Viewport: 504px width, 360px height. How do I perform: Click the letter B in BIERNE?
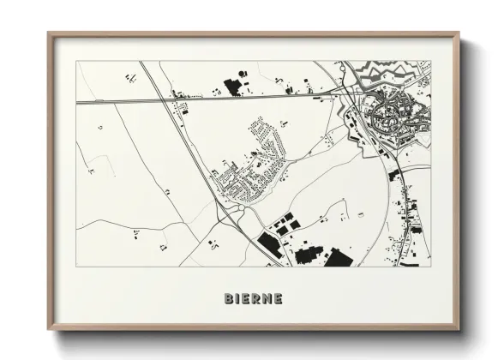[x=229, y=299]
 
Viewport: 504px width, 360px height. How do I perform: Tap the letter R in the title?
[x=255, y=299]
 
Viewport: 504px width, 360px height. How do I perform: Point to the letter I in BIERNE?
[x=237, y=299]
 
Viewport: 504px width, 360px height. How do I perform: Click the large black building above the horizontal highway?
[x=231, y=86]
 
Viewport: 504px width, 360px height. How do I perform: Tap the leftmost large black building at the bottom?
[x=268, y=246]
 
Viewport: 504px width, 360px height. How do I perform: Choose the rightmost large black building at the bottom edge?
[x=338, y=258]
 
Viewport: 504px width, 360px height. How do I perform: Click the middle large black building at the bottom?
[x=306, y=254]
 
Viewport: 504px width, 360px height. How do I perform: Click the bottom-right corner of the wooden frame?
[x=459, y=330]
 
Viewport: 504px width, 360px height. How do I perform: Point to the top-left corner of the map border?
[x=76, y=61]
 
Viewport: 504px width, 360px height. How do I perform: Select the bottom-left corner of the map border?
[x=76, y=267]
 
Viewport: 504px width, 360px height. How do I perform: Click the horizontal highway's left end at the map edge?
[x=77, y=103]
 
